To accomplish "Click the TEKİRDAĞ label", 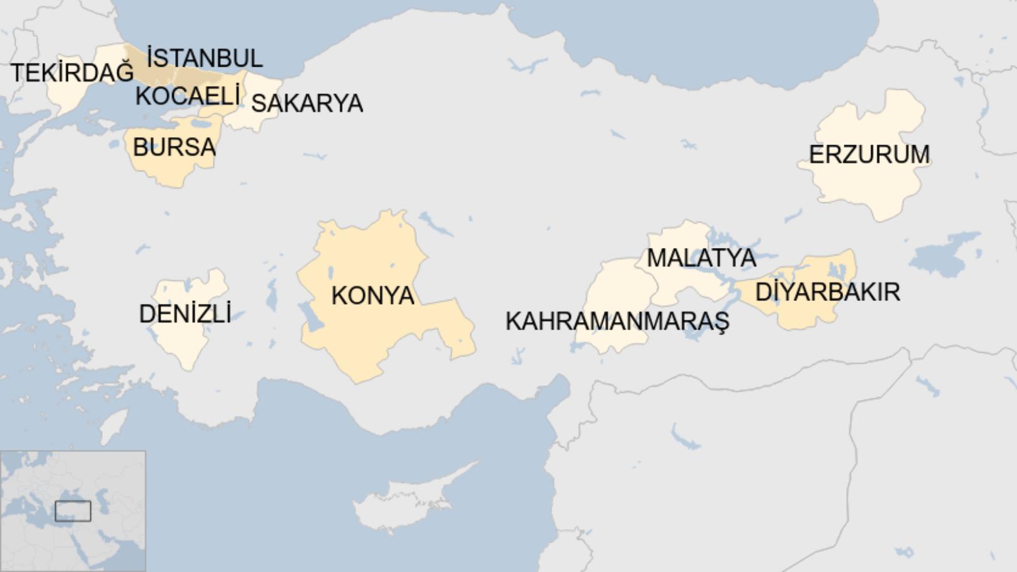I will click(x=72, y=73).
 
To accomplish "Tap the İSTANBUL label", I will click(x=204, y=58).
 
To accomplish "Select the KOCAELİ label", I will click(x=187, y=97).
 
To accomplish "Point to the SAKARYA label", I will click(x=307, y=103).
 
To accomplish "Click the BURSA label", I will click(x=174, y=148).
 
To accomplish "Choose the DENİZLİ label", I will click(x=184, y=314).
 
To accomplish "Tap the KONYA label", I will click(x=373, y=295).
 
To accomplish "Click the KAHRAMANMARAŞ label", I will click(x=617, y=322).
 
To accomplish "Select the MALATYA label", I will click(x=701, y=257).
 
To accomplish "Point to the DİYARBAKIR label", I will click(x=828, y=292).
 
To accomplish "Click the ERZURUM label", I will click(x=869, y=155).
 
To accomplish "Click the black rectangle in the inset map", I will click(x=73, y=511).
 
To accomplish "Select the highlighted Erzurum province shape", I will click(x=866, y=187).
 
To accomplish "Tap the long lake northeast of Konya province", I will click(x=436, y=224).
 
